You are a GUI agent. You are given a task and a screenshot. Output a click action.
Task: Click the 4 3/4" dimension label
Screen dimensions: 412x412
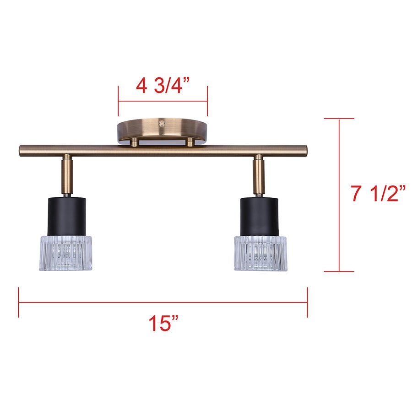[x=163, y=86]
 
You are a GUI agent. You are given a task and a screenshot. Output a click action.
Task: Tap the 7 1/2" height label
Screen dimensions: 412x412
[x=379, y=194]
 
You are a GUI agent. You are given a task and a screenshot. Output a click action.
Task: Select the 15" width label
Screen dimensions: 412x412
[x=163, y=324]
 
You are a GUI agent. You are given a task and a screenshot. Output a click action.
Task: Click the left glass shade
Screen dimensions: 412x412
[x=65, y=253]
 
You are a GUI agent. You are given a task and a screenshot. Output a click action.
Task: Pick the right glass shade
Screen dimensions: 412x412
[x=260, y=253]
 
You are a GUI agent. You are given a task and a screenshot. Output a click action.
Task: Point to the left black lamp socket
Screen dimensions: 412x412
[x=67, y=216]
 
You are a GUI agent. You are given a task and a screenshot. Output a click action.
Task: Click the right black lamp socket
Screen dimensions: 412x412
[x=260, y=216]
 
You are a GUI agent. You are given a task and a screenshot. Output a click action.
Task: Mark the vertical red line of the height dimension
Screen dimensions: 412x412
[x=339, y=195]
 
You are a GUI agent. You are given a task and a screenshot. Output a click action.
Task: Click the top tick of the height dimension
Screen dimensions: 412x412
[x=339, y=119]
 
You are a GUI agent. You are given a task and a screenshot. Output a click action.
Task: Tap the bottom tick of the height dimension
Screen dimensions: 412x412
[x=339, y=271]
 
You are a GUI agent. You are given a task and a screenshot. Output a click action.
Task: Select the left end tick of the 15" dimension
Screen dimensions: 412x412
[x=19, y=302]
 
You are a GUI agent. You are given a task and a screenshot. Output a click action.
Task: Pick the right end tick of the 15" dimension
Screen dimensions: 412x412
[x=307, y=302]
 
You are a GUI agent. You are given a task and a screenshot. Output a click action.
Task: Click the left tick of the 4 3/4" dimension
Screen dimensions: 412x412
[x=119, y=101]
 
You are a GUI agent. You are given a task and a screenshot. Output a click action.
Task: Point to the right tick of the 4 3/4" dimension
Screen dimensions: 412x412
[x=207, y=101]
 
